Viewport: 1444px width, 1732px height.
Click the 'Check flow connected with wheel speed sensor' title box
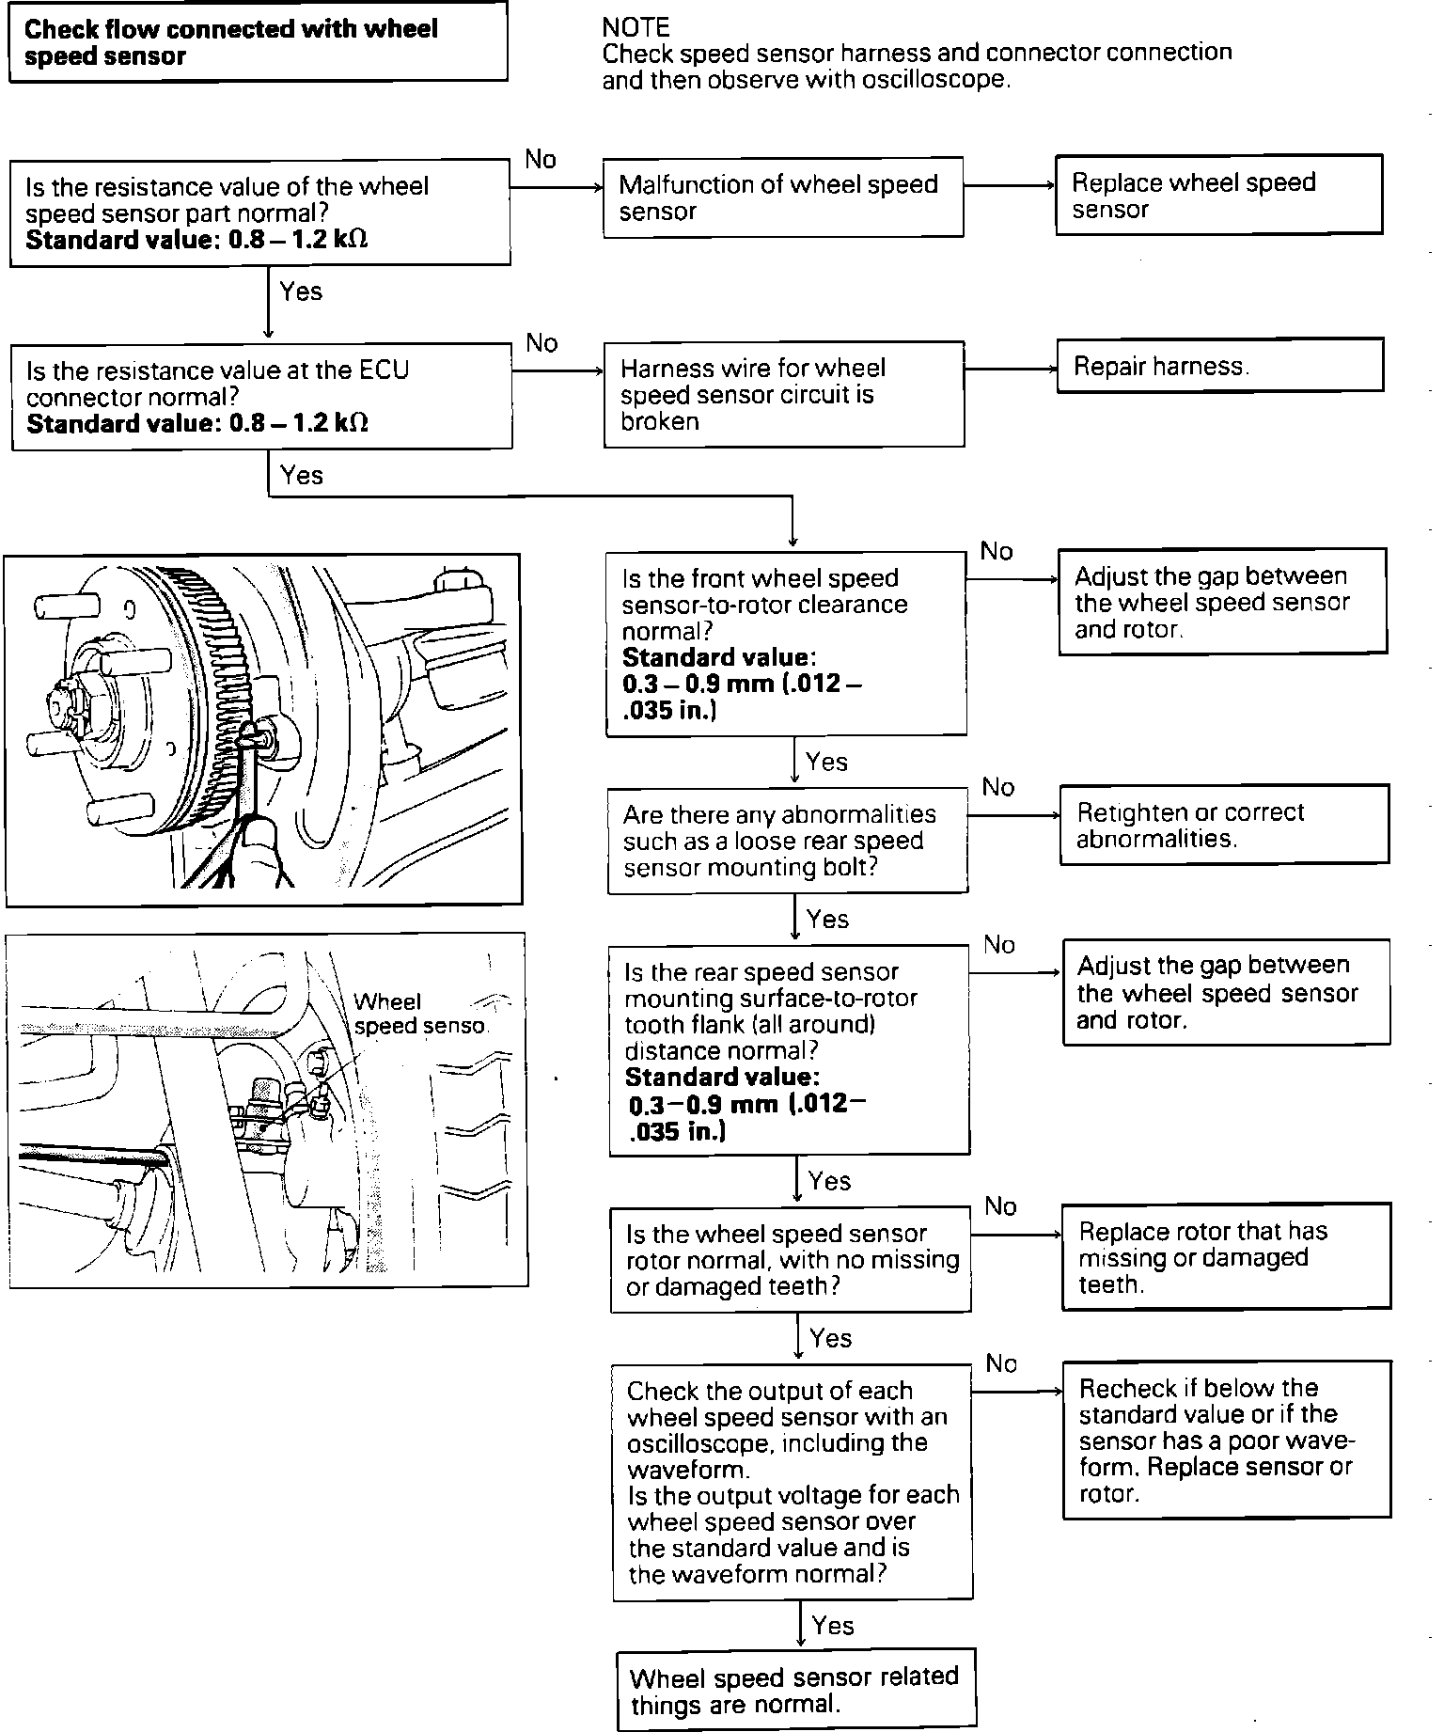[x=258, y=42]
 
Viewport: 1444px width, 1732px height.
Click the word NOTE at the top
[x=636, y=26]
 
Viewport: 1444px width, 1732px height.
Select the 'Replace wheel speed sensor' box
[x=1218, y=195]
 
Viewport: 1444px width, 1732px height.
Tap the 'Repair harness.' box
[x=1219, y=366]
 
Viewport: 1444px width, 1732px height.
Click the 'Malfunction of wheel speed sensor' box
[x=783, y=197]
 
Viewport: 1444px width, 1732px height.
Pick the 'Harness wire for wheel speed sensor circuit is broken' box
[x=784, y=394]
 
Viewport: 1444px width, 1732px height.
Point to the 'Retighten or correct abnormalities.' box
[x=1224, y=825]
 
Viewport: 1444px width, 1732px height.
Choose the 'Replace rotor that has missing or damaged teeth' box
[x=1226, y=1257]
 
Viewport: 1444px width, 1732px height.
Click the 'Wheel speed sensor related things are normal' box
[x=796, y=1690]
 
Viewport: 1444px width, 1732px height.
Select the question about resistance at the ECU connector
[x=260, y=397]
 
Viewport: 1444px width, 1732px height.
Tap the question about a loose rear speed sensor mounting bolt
[x=788, y=841]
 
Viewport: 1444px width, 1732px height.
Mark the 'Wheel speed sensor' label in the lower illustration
[x=419, y=1014]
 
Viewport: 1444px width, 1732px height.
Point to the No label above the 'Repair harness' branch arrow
[x=542, y=343]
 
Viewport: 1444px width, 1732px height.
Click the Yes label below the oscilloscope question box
[x=833, y=1626]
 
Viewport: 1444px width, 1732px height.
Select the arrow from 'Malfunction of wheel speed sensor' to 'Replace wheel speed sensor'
[x=1010, y=186]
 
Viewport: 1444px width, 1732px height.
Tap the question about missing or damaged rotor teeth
[x=791, y=1260]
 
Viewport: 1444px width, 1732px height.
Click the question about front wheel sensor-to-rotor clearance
[x=786, y=643]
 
